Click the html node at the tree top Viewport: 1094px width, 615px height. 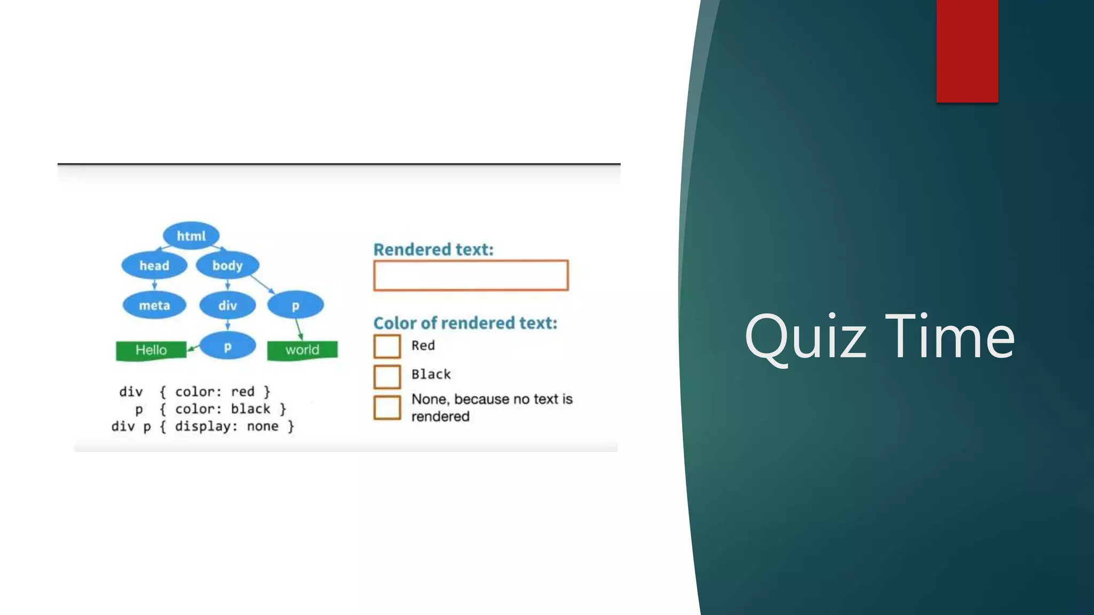(191, 235)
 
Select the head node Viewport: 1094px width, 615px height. (154, 265)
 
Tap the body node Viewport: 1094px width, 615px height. (227, 265)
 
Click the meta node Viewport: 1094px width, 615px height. (154, 305)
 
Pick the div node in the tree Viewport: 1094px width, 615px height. (227, 305)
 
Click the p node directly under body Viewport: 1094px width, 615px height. (295, 305)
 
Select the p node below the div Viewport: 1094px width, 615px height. (227, 346)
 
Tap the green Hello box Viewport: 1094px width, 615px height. (151, 350)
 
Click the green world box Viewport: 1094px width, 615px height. (302, 350)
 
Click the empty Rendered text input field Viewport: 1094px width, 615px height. (471, 275)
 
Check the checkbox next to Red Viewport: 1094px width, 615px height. (387, 346)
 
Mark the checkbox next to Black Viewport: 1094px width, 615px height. (387, 376)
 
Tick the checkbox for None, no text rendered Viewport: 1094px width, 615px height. (387, 407)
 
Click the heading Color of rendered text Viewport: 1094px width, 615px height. (465, 323)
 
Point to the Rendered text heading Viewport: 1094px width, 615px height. (433, 249)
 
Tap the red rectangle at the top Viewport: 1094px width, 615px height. (967, 51)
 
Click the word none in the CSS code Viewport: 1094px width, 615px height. (262, 426)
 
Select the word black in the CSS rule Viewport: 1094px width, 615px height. (251, 409)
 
